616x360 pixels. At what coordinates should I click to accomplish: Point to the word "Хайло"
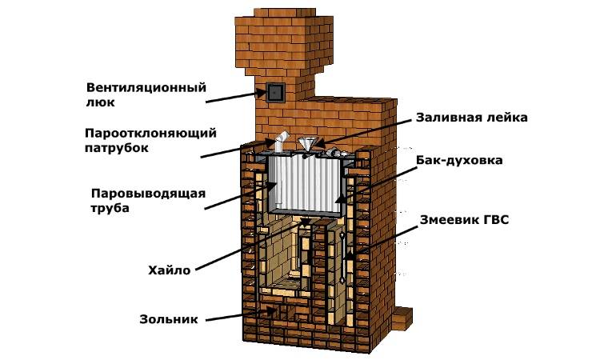coord(169,270)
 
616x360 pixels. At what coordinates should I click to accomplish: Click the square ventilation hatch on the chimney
coord(274,93)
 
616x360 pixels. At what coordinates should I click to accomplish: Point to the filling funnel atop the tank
coord(306,145)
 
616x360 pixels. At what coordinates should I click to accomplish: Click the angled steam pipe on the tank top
coord(276,145)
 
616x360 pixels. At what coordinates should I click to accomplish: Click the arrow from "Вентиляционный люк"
coord(232,98)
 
